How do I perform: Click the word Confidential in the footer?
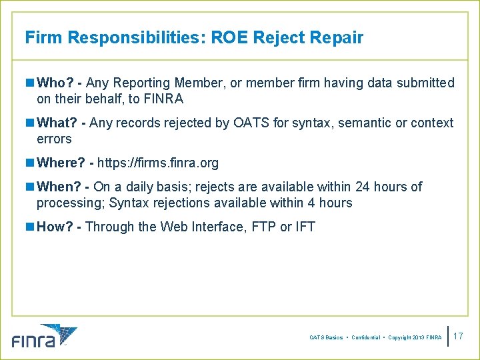[365, 338]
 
